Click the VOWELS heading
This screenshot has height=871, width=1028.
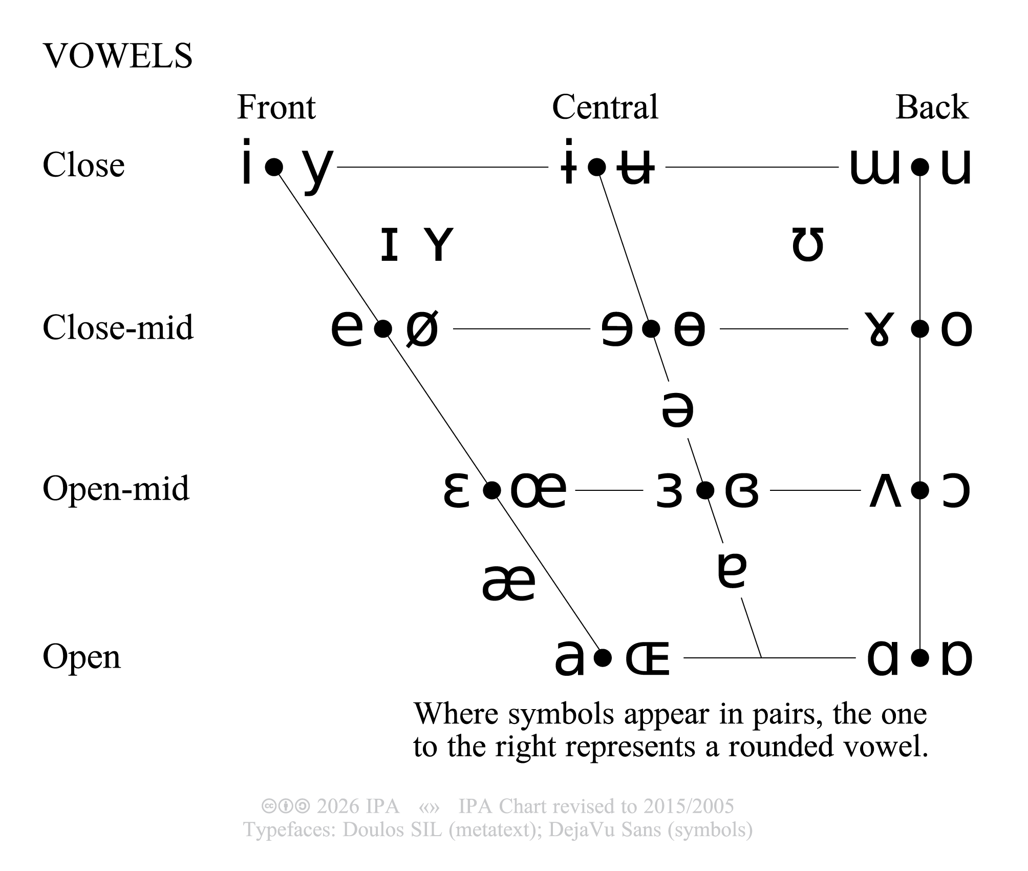pos(118,56)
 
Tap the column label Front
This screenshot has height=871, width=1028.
pos(276,108)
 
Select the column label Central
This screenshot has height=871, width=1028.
pos(605,108)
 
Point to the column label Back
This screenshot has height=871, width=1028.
pos(931,108)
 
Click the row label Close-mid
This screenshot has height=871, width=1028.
pos(118,327)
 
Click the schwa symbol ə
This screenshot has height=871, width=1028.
pos(677,410)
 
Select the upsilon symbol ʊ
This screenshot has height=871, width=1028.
pos(807,245)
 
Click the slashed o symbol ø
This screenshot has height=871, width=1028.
pos(422,329)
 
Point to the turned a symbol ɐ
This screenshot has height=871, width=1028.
pos(732,571)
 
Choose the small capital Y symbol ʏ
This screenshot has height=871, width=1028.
pos(439,245)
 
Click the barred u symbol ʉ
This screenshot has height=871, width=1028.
pos(635,167)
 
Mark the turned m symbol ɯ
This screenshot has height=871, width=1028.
pos(874,167)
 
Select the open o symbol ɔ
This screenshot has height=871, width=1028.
pos(955,491)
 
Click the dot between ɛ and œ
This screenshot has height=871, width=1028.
pos(491,491)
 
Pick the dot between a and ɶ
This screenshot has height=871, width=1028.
pos(604,657)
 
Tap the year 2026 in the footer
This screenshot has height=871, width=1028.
pos(336,806)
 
